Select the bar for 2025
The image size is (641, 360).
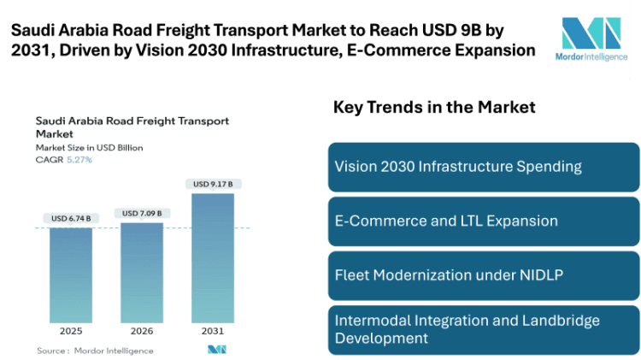[70, 274]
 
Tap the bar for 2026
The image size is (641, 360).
[141, 272]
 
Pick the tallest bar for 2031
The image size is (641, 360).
[212, 257]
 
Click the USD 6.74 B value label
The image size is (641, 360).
[70, 219]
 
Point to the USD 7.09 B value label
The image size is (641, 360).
[141, 213]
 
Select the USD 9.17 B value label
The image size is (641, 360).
[213, 184]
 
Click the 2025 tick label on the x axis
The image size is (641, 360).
[70, 330]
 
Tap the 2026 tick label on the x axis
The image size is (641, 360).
[141, 330]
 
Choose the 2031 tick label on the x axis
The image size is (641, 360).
[213, 330]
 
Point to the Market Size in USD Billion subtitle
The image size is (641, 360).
[89, 148]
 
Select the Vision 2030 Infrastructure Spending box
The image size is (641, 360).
[482, 167]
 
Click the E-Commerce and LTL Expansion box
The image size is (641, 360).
[482, 221]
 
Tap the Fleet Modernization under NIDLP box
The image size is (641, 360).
[482, 275]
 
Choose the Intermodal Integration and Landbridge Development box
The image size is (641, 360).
[482, 329]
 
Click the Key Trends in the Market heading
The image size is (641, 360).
[433, 108]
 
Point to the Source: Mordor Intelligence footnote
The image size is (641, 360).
[95, 351]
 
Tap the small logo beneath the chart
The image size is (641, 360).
[216, 349]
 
